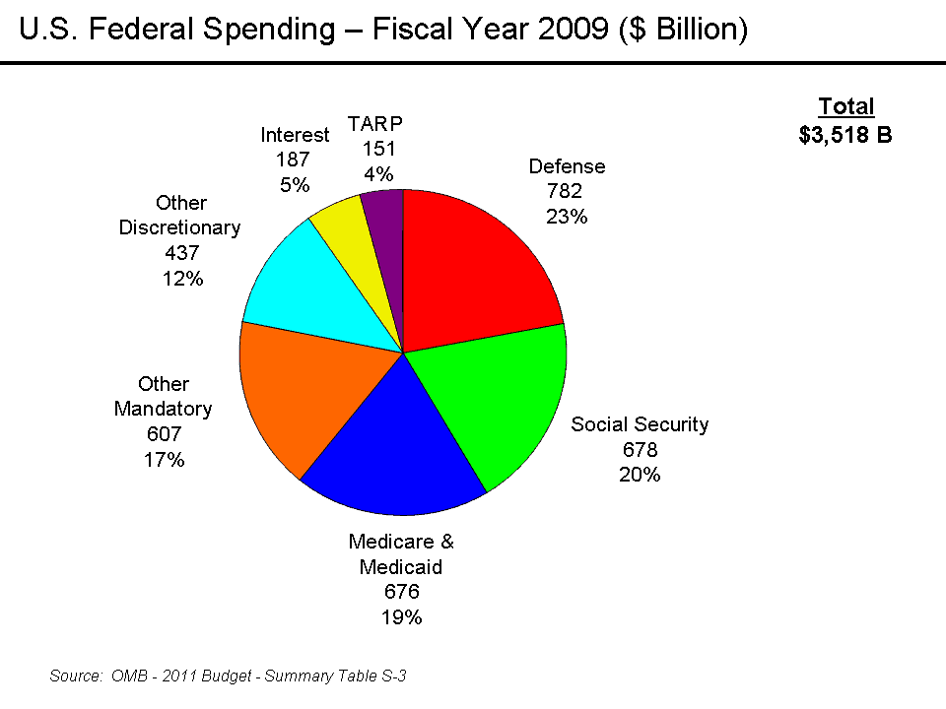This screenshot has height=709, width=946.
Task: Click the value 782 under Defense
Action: (567, 192)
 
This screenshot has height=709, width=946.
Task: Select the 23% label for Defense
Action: (567, 217)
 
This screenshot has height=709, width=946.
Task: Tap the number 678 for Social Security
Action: (640, 450)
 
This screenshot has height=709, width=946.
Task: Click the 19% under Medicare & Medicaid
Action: (401, 617)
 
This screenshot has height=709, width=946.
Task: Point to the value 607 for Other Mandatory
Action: (164, 433)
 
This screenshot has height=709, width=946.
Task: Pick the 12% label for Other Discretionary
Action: (182, 279)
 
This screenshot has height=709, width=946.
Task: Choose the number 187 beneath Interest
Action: (293, 160)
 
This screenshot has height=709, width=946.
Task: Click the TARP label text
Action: (375, 124)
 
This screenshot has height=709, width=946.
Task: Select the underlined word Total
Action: (846, 107)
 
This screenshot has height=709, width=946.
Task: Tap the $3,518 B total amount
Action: (845, 135)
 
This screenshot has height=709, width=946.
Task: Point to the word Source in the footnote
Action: (75, 676)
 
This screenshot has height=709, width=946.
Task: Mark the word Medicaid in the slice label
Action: (401, 567)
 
